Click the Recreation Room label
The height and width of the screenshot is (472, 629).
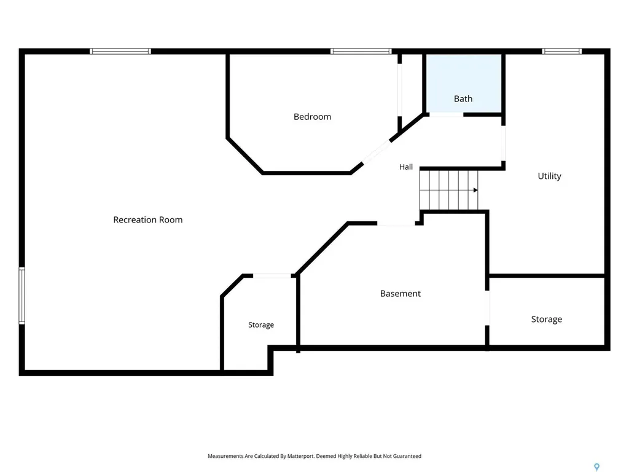click(x=147, y=219)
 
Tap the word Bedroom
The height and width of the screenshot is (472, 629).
click(x=312, y=117)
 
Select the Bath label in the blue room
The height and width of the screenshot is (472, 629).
click(x=463, y=99)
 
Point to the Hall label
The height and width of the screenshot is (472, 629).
click(x=405, y=167)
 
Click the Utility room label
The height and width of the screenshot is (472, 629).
click(x=549, y=176)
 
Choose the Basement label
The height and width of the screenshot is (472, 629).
click(x=400, y=293)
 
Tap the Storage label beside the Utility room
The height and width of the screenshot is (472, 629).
click(x=546, y=319)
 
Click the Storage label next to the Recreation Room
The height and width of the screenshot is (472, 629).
click(x=260, y=324)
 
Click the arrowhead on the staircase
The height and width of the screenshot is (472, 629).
click(x=475, y=191)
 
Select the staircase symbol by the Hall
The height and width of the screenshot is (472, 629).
click(x=449, y=191)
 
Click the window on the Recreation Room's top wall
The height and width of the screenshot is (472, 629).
click(x=120, y=52)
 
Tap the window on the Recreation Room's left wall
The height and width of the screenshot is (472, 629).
click(x=22, y=296)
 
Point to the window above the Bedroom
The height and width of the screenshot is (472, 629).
click(x=361, y=52)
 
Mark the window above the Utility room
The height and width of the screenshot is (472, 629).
click(x=561, y=52)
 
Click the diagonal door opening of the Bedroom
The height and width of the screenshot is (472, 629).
click(x=376, y=152)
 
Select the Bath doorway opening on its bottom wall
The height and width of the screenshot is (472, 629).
click(x=447, y=115)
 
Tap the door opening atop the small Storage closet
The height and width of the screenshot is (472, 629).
click(x=272, y=276)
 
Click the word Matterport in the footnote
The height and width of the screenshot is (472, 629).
click(x=300, y=456)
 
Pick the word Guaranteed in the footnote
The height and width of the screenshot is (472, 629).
click(x=407, y=456)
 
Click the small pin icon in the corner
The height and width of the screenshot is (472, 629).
click(x=597, y=467)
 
